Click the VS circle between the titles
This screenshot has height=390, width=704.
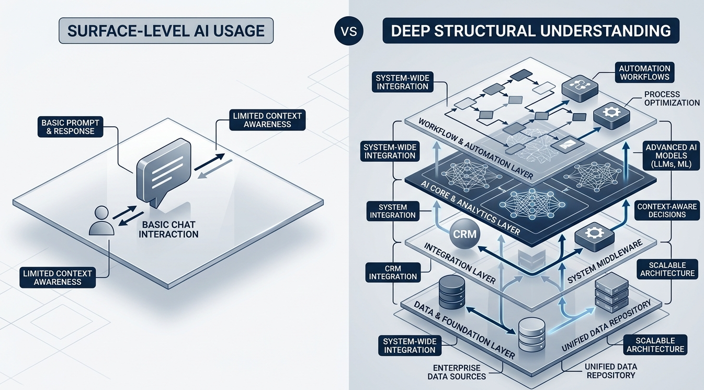[348, 31]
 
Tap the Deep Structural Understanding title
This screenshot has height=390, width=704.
[531, 31]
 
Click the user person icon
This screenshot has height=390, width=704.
[101, 221]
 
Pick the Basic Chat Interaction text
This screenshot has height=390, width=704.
[168, 229]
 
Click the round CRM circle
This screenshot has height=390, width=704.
[464, 233]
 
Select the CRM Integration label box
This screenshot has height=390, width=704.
[392, 272]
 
